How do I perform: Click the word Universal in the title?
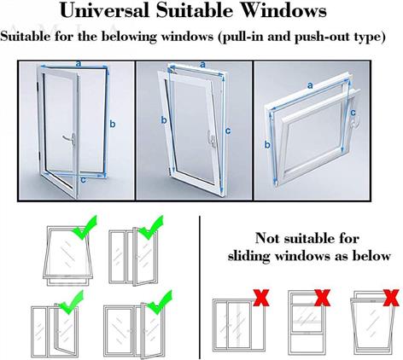coord(105,10)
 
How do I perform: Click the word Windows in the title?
coord(283,10)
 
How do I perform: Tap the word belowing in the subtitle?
coord(129,37)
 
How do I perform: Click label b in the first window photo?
coord(113,125)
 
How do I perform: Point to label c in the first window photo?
coord(83,180)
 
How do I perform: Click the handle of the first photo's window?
coord(70,139)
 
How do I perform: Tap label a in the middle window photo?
coord(202,65)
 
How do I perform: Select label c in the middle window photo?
coord(228,131)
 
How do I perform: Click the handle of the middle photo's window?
coord(212,138)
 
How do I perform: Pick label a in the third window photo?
coord(310,85)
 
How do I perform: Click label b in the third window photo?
coord(267,145)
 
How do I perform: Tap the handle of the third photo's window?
coord(353,123)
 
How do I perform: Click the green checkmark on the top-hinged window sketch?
coord(85,228)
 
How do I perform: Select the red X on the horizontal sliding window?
coord(261,298)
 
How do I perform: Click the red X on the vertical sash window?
coord(323,298)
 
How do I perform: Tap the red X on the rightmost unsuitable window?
coord(391,298)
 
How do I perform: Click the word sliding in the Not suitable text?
coord(248,256)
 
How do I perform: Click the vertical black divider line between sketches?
coord(200,287)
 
